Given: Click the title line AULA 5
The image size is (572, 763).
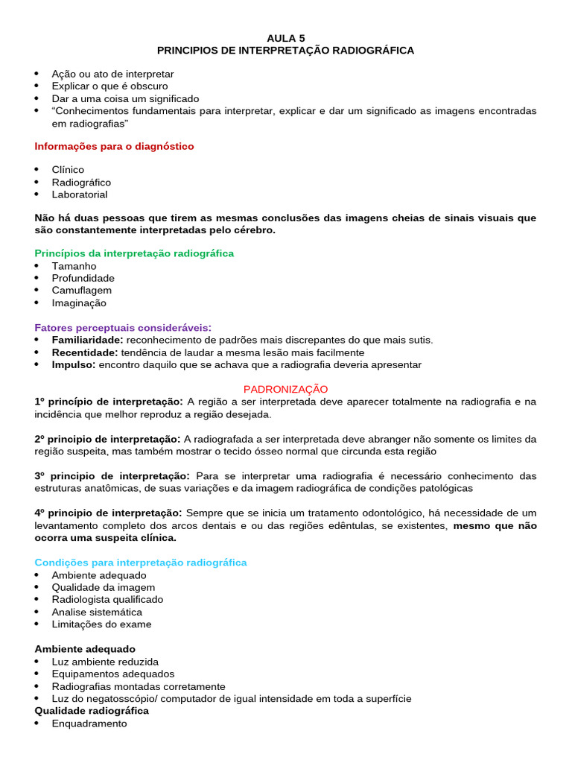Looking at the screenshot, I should (x=285, y=37).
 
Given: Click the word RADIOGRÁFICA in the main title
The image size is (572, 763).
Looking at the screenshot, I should (x=369, y=50).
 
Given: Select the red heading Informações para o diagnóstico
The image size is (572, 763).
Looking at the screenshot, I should (x=114, y=146).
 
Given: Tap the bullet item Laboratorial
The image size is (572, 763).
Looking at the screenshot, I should (x=79, y=194).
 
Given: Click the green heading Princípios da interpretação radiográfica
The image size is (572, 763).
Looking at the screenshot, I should (x=134, y=253).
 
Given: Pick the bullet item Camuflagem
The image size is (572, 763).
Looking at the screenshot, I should (x=81, y=290).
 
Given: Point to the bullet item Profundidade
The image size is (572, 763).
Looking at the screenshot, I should (x=83, y=278).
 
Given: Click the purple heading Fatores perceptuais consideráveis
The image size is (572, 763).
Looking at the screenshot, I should (x=123, y=327).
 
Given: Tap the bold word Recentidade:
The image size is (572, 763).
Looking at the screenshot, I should (x=84, y=352).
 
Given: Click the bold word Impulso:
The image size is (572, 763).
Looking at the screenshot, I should (x=74, y=365).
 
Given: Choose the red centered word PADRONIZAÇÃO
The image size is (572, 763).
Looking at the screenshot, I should (x=286, y=389).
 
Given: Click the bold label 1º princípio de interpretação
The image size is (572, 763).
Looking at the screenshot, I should (x=109, y=402).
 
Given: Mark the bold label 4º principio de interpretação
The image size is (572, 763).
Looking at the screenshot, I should (x=109, y=513).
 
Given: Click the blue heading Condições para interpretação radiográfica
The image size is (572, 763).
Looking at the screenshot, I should (x=141, y=563).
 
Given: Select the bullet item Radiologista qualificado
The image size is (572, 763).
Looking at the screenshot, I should (x=107, y=600).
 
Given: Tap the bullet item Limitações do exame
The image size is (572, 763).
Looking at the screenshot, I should (x=101, y=624).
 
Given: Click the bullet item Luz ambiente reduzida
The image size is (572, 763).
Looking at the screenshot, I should (x=105, y=662).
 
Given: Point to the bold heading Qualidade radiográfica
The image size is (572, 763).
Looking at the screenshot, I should (x=92, y=711).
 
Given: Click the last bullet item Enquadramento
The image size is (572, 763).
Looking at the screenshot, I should (x=89, y=724).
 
